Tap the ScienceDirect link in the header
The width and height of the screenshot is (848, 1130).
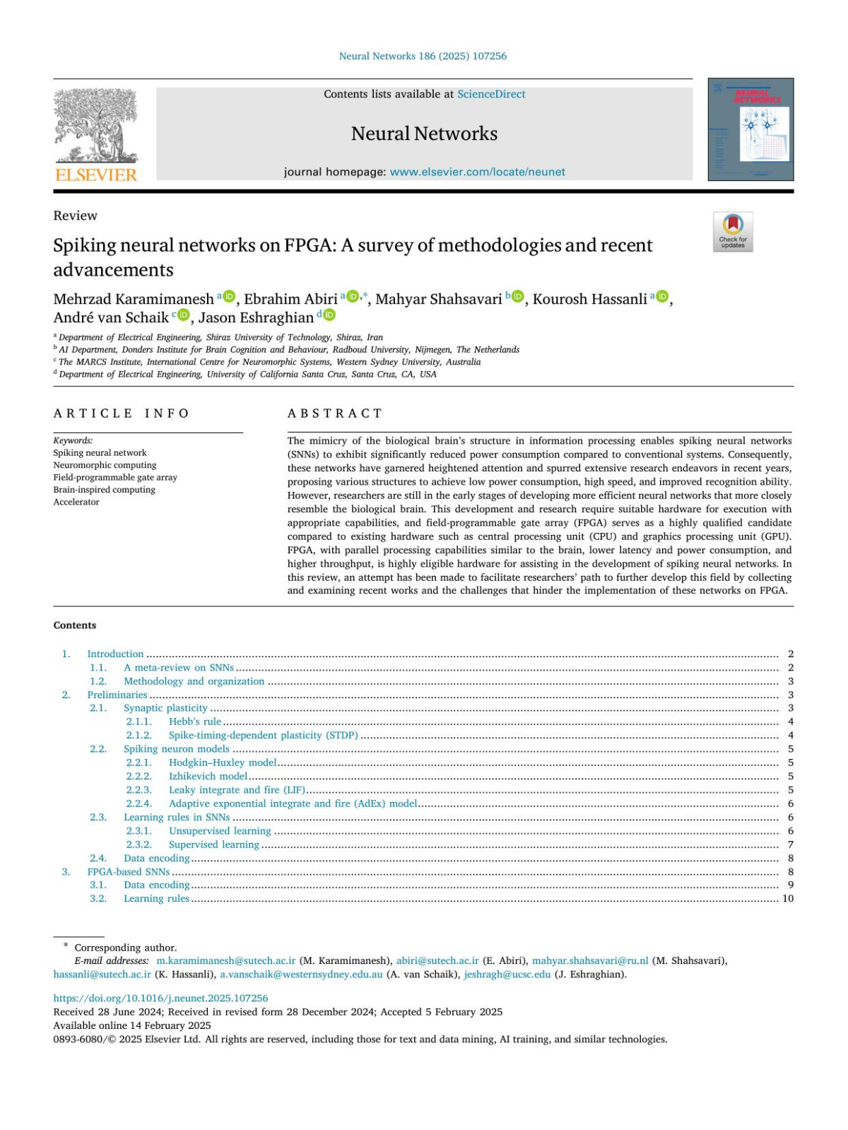click(491, 94)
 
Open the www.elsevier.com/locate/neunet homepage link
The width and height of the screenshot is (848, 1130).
click(477, 172)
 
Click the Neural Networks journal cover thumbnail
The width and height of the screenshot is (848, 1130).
click(750, 129)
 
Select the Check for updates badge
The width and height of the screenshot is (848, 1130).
click(733, 231)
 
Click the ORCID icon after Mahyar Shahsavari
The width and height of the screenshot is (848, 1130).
click(518, 297)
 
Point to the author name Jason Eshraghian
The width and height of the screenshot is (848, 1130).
click(256, 317)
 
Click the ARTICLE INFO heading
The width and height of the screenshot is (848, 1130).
click(122, 413)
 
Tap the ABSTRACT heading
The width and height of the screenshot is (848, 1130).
click(334, 413)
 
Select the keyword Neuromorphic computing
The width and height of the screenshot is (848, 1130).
click(105, 465)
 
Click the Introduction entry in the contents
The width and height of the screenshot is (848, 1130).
click(115, 654)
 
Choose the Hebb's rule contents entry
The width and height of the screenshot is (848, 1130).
click(195, 722)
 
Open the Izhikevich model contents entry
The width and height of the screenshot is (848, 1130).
click(208, 776)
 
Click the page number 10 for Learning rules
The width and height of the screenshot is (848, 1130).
click(787, 898)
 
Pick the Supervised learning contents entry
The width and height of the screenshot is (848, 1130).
click(213, 844)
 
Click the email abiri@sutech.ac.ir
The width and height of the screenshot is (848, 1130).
click(437, 960)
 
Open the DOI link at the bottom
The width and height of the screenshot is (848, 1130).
click(160, 998)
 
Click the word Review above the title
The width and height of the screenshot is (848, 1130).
click(75, 216)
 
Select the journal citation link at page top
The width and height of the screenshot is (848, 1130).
click(423, 56)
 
